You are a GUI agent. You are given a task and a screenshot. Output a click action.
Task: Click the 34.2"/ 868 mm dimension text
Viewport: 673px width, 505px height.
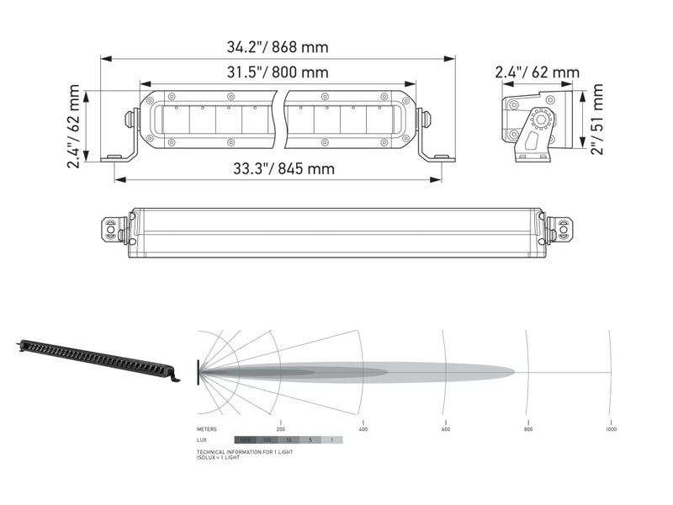[x=278, y=46]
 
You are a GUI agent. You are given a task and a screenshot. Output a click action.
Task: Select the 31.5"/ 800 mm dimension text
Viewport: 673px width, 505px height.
[x=278, y=72]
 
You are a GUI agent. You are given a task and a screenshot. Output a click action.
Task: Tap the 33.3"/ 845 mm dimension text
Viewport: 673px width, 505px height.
[x=284, y=169]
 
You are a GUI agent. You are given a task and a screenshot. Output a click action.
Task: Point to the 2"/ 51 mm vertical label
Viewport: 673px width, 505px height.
[x=596, y=118]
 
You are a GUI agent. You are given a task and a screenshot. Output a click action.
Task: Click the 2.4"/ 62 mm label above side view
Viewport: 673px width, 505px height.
[x=537, y=72]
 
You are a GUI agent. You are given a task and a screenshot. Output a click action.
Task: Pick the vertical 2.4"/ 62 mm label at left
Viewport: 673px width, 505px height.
[x=75, y=126]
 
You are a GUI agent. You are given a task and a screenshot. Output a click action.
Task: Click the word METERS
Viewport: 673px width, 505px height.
[x=207, y=429]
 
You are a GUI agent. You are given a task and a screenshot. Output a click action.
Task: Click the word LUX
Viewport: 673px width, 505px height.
[x=202, y=440]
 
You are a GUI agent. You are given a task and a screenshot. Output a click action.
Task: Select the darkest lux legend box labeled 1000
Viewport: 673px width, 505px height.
[x=246, y=440]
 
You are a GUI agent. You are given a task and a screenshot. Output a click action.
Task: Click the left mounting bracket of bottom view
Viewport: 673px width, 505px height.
[x=114, y=229]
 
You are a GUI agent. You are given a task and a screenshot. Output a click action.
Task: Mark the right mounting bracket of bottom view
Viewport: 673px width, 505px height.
[x=559, y=229]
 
